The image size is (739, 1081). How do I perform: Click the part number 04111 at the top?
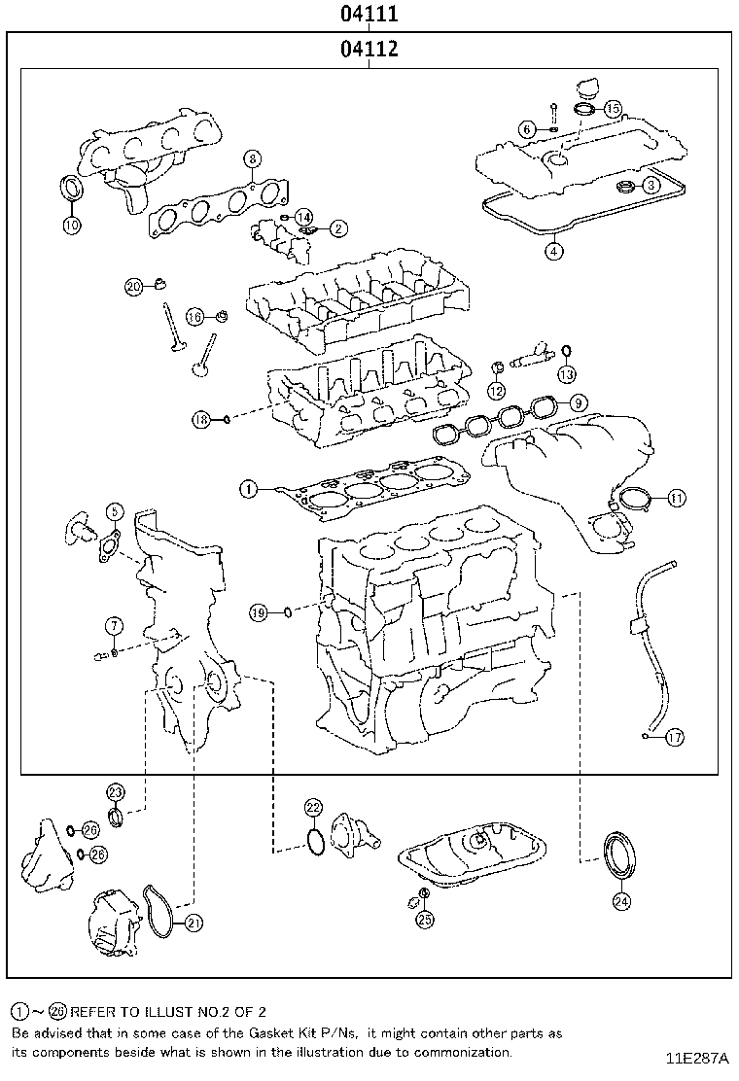click(369, 15)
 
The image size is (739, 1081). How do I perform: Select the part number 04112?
click(369, 50)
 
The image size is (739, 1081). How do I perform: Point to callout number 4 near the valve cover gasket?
click(552, 251)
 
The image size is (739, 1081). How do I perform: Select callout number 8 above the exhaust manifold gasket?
click(251, 158)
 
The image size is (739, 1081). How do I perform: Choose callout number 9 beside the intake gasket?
click(578, 401)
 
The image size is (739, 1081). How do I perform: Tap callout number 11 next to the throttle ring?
click(676, 498)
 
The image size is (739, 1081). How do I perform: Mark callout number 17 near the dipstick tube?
click(674, 737)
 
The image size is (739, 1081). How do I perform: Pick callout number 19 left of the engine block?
click(258, 612)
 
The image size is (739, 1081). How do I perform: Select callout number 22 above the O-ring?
click(312, 807)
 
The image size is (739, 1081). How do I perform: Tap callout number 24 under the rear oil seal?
click(621, 901)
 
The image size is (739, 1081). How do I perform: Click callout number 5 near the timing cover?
click(114, 510)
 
